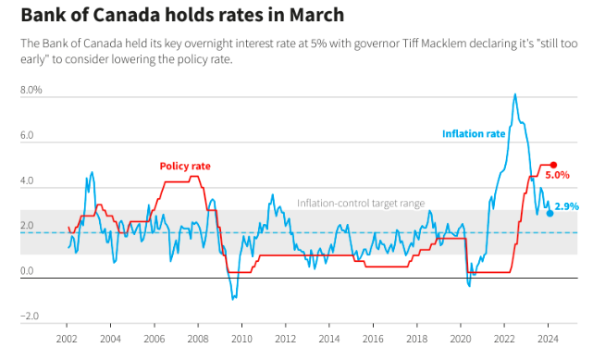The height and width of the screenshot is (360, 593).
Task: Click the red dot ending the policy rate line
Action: tap(553, 165)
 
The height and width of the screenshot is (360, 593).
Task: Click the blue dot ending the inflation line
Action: tap(550, 213)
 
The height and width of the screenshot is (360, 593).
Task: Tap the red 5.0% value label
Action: tap(557, 175)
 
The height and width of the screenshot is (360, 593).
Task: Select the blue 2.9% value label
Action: tap(566, 206)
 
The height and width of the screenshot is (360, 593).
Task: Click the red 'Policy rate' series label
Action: tap(185, 166)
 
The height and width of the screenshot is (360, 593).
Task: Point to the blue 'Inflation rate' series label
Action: tap(474, 134)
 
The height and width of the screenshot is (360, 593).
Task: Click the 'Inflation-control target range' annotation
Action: tap(361, 204)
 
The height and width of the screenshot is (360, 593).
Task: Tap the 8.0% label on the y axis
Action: tap(31, 90)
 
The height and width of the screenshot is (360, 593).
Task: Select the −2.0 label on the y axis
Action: tap(30, 317)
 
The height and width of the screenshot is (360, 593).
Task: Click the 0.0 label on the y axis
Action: tap(27, 271)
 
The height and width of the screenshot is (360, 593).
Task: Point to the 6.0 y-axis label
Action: tap(27, 135)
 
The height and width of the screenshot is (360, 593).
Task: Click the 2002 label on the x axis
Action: tap(67, 339)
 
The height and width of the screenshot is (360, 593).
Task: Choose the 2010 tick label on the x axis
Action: tap(241, 339)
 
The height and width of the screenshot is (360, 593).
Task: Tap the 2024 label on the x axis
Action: tap(548, 339)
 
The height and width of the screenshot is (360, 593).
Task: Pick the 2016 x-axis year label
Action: tap(373, 339)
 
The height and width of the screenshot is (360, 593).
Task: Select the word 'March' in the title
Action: tap(316, 15)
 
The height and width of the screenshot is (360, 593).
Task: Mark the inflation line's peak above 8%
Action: tap(514, 94)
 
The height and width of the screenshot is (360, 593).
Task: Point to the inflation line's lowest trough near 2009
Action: tap(233, 299)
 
